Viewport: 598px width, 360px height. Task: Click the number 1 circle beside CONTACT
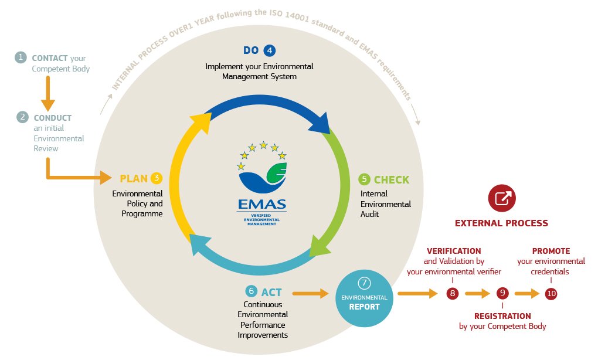pos(22,57)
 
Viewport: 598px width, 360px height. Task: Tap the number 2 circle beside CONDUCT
pos(22,117)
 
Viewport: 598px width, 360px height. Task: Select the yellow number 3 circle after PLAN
pos(156,178)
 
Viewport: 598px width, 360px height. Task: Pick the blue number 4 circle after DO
pos(269,50)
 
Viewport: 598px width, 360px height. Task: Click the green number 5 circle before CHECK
pos(363,179)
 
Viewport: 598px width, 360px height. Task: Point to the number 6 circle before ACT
pos(251,291)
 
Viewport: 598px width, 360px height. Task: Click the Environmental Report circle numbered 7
pos(365,293)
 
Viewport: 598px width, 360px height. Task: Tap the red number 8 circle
pos(452,294)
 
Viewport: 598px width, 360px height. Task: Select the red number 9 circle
pos(502,294)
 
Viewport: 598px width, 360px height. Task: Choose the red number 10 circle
pos(551,294)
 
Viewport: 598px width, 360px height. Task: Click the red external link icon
pos(501,199)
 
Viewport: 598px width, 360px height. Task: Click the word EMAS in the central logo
pos(261,205)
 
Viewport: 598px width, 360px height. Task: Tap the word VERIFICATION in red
pos(453,251)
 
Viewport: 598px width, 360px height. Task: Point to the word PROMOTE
pos(551,251)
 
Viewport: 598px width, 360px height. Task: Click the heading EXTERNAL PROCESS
pos(501,223)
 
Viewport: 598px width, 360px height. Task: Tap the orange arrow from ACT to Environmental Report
pos(310,292)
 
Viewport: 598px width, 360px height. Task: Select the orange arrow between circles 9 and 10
pos(527,294)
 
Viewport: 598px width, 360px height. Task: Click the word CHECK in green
pos(392,179)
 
